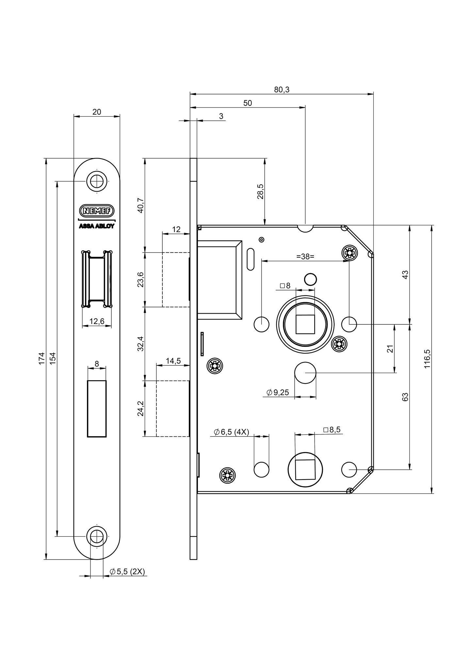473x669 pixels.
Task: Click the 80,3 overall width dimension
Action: (282, 90)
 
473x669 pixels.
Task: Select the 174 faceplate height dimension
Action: (41, 358)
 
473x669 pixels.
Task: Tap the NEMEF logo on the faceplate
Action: (97, 211)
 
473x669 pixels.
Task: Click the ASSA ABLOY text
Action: (97, 226)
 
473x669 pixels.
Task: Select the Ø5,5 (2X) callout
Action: (127, 572)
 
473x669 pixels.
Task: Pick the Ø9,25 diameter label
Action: (278, 392)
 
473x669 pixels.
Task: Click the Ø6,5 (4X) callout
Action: (232, 432)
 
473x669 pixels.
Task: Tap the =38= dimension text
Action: (305, 256)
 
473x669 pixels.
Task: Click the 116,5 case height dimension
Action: (427, 359)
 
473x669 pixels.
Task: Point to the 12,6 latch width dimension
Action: (97, 321)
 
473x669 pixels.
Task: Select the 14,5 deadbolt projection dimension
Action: (173, 361)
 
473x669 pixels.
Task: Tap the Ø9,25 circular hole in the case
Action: (305, 372)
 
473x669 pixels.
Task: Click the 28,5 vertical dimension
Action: (260, 191)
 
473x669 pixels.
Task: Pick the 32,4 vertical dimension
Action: (140, 344)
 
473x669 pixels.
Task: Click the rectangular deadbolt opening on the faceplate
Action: (97, 408)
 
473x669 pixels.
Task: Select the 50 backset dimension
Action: (248, 103)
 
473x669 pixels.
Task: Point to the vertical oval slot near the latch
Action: (251, 259)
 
